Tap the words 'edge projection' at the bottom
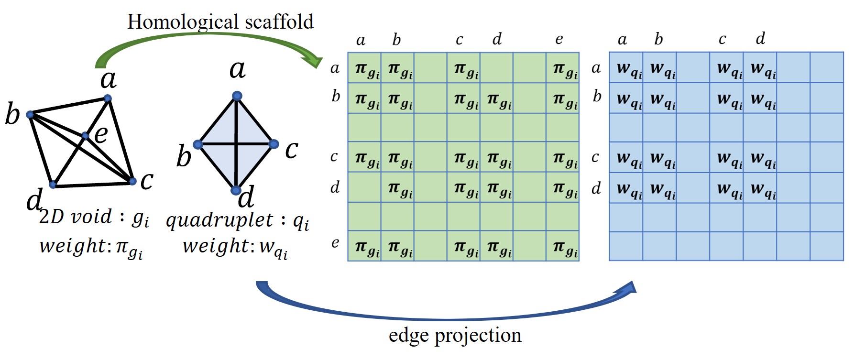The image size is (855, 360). coord(455,335)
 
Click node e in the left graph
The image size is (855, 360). coord(85,136)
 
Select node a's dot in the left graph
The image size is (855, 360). coord(108,98)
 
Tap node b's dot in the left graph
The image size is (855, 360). coord(30,114)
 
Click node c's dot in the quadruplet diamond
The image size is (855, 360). coord(274,144)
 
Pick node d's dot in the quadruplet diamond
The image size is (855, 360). coord(235,190)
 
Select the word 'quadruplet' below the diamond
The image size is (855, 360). coord(219,220)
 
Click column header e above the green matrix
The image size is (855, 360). coord(559,39)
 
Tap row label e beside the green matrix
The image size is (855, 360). coord(335,243)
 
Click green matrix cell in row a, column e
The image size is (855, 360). coord(563,68)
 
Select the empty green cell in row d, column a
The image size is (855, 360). coord(364,187)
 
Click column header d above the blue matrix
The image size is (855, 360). coord(760,38)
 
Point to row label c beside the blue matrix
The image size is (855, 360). coord(595,157)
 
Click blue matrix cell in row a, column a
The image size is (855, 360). coord(626,68)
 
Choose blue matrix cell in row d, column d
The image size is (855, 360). coord(760,188)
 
